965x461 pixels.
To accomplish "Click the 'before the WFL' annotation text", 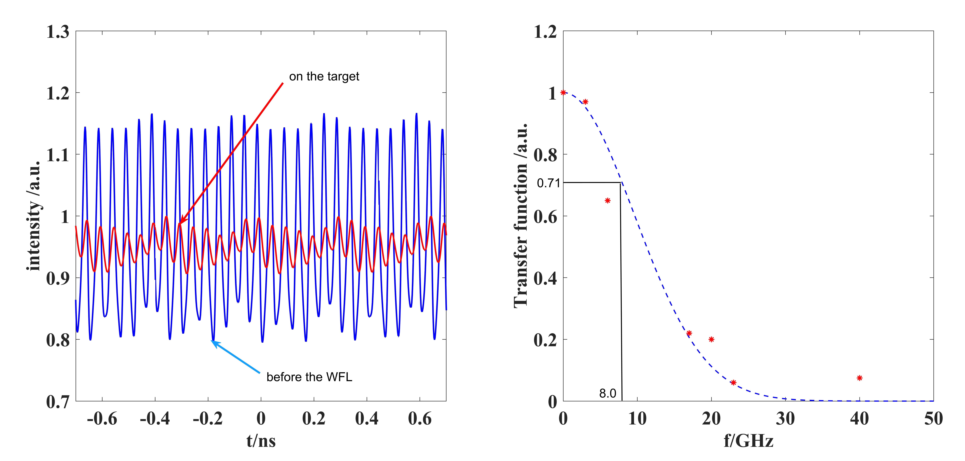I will pyautogui.click(x=309, y=377).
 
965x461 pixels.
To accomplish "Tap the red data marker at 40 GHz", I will pyautogui.click(x=859, y=378).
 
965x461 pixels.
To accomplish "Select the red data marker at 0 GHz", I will pyautogui.click(x=563, y=92).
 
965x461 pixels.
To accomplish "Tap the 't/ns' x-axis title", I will pyautogui.click(x=261, y=440).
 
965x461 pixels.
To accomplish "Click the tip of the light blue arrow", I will pyautogui.click(x=212, y=341).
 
